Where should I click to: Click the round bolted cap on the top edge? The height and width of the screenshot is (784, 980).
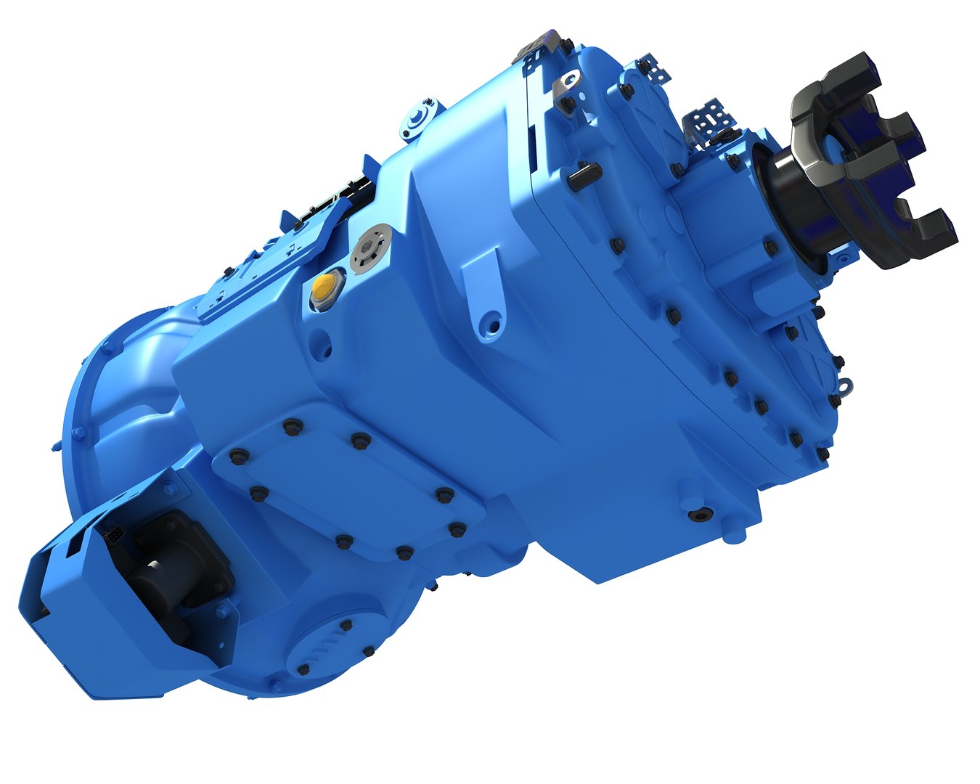tap(419, 121)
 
